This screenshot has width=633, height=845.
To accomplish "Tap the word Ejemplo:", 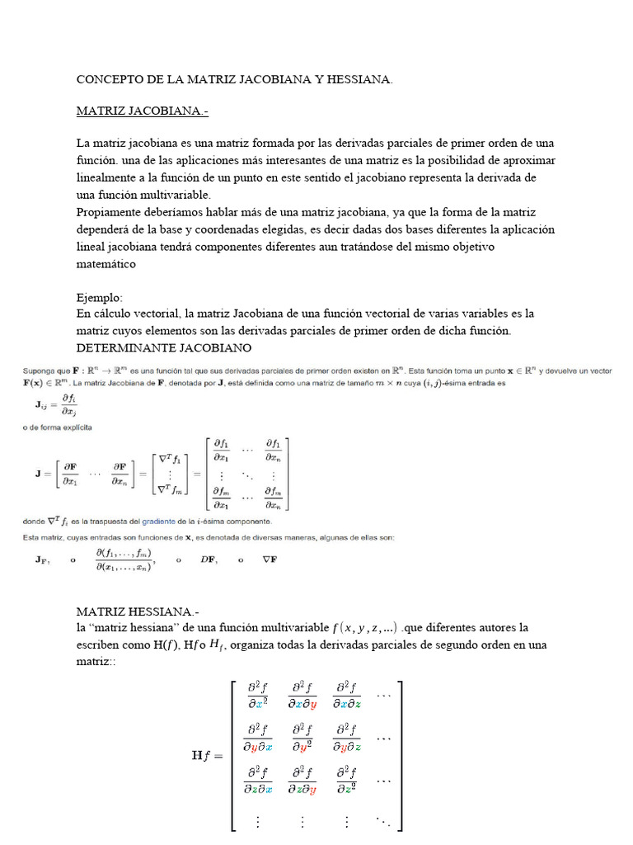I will point(99,297).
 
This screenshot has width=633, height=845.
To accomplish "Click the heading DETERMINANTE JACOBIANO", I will point(163,347).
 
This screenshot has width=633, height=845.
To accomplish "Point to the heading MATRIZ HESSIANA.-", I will point(138,612).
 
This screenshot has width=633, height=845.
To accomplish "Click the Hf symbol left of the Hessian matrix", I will point(204,753).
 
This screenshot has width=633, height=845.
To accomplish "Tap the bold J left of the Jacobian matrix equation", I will point(39,474).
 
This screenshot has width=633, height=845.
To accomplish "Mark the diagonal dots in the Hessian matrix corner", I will point(383,821).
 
